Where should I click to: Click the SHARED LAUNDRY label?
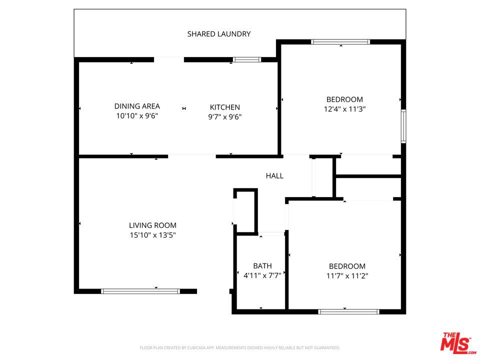219,34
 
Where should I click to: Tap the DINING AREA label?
137,106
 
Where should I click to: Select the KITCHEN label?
225,107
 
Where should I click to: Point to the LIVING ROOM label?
153,225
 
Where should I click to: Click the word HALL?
274,175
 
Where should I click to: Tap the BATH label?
262,265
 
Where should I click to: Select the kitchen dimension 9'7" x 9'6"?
225,116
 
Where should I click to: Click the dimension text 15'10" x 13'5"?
153,235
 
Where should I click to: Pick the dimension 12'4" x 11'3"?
344,109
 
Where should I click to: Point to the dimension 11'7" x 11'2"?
347,276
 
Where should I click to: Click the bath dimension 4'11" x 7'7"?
262,275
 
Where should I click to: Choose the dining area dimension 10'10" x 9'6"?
137,115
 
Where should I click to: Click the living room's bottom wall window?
140,291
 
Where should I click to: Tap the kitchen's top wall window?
246,59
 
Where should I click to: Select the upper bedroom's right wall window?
403,126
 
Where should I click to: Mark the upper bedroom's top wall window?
340,42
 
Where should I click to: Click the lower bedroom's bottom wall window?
348,311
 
